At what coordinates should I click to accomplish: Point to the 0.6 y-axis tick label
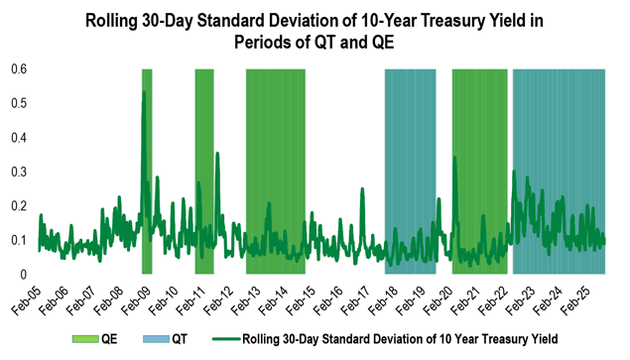(19, 68)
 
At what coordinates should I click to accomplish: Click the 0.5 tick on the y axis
(19, 103)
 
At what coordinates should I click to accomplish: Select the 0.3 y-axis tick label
(19, 172)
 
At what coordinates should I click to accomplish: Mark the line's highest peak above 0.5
(145, 92)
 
